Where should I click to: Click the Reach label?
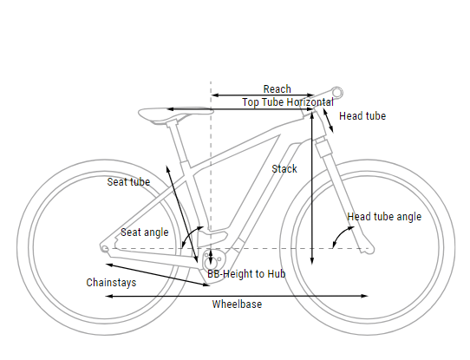click(277, 89)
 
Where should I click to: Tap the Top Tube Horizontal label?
click(288, 102)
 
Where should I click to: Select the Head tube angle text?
click(384, 217)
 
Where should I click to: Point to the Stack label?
click(284, 169)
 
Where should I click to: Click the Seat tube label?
click(128, 182)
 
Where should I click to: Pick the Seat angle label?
click(145, 232)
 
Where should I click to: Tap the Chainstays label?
click(111, 283)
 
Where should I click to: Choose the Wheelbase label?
click(237, 304)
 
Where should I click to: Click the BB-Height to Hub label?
click(246, 273)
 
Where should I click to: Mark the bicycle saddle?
click(175, 114)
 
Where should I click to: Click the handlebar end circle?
click(337, 93)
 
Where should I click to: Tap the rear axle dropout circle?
click(105, 248)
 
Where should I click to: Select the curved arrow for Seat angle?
click(189, 234)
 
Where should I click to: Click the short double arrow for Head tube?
click(328, 121)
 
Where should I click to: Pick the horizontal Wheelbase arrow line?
click(237, 296)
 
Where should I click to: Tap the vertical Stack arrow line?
click(312, 188)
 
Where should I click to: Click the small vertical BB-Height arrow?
click(211, 257)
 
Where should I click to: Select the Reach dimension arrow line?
click(263, 95)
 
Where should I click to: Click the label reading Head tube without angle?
click(362, 116)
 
